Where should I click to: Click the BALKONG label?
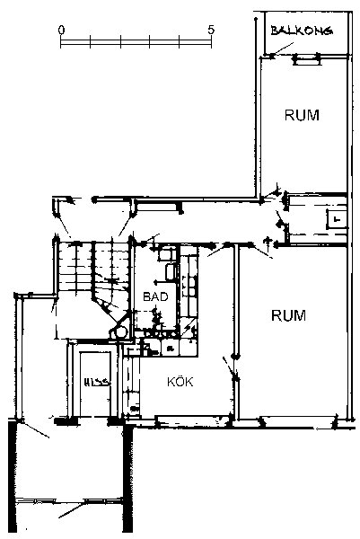click(302, 31)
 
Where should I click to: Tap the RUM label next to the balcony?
click(302, 115)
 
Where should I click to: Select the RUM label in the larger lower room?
click(288, 315)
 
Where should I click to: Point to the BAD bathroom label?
click(155, 296)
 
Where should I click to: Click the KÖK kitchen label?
click(180, 382)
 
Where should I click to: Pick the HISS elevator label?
click(97, 382)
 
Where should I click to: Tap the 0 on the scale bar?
click(61, 30)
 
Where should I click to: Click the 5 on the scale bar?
click(211, 30)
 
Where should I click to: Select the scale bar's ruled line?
click(136, 41)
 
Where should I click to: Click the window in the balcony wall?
click(306, 60)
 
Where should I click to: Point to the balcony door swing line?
click(283, 49)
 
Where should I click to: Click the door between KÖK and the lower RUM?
click(230, 368)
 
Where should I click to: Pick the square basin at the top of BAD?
click(165, 253)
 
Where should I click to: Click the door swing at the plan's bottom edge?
click(70, 509)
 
